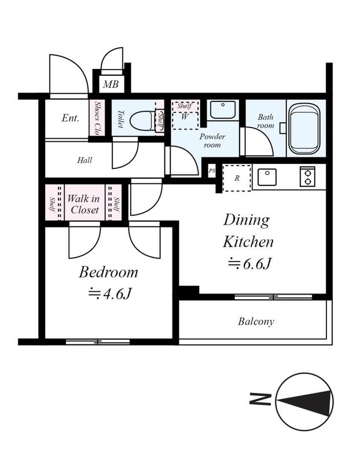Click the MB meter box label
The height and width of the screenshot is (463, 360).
tap(111, 84)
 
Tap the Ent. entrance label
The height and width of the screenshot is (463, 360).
tap(71, 118)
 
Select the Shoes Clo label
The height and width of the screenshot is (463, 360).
tap(97, 118)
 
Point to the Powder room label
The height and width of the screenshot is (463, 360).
tap(212, 141)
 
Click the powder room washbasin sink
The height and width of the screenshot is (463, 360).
tap(223, 109)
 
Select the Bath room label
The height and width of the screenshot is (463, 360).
tap(265, 121)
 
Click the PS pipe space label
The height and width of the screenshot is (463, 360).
tap(212, 171)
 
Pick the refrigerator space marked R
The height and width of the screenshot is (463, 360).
tap(237, 178)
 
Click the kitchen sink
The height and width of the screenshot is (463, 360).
tap(267, 177)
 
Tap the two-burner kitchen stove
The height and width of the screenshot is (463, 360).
tap(307, 177)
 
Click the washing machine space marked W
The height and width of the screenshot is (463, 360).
tap(185, 117)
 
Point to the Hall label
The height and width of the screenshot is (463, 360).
tap(85, 160)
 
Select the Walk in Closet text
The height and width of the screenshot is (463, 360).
tap(83, 204)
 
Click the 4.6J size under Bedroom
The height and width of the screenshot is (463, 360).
tap(109, 293)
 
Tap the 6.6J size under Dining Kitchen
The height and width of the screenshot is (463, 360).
tap(249, 263)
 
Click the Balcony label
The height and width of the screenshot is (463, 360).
tap(256, 321)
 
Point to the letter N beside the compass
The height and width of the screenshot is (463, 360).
tap(260, 399)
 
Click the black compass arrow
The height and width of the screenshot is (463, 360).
tap(305, 402)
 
